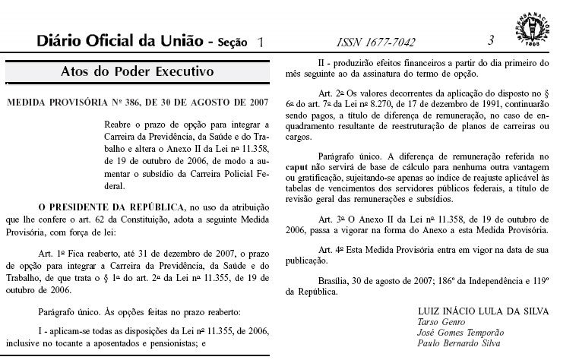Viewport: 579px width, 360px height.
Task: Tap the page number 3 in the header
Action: pos(492,40)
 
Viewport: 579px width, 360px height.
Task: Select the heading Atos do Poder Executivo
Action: pos(138,73)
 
